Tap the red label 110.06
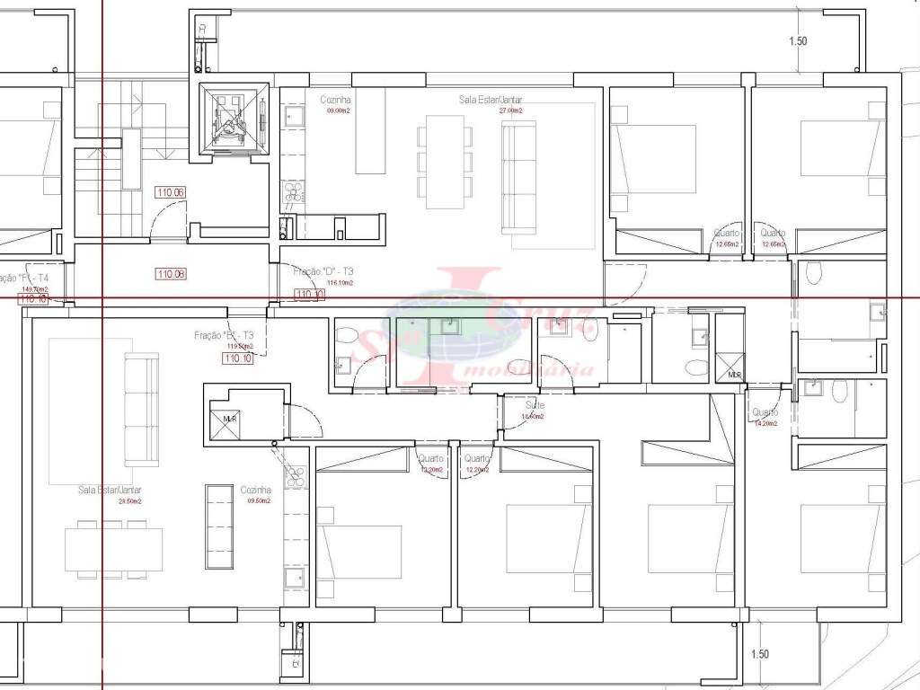pyautogui.click(x=170, y=191)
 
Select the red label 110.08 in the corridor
pyautogui.click(x=170, y=274)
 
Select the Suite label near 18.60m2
pyautogui.click(x=535, y=405)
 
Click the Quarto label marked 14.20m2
pyautogui.click(x=765, y=412)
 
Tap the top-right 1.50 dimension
pyautogui.click(x=798, y=41)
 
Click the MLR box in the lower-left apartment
pyautogui.click(x=224, y=418)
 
